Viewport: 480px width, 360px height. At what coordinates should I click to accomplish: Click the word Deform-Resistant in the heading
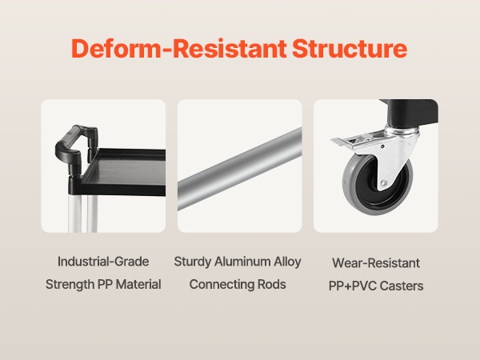pyautogui.click(x=179, y=48)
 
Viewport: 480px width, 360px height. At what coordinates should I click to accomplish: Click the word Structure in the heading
pyautogui.click(x=350, y=48)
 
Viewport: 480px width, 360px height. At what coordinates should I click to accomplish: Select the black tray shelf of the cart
pyautogui.click(x=122, y=172)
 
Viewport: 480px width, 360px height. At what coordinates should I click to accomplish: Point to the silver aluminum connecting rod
pyautogui.click(x=240, y=169)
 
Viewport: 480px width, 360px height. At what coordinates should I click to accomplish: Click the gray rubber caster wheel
pyautogui.click(x=378, y=184)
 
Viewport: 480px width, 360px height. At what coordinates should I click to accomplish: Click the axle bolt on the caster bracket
pyautogui.click(x=383, y=183)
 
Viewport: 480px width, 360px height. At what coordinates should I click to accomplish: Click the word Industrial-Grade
pyautogui.click(x=103, y=262)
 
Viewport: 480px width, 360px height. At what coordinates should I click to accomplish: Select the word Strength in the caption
pyautogui.click(x=70, y=284)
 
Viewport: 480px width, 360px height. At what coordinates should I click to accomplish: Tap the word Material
pyautogui.click(x=138, y=284)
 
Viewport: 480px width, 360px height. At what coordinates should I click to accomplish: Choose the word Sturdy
pyautogui.click(x=193, y=262)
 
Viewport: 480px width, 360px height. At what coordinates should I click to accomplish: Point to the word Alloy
pyautogui.click(x=287, y=262)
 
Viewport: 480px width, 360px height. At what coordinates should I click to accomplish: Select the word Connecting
pyautogui.click(x=222, y=285)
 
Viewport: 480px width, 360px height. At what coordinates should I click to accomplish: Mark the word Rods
pyautogui.click(x=272, y=284)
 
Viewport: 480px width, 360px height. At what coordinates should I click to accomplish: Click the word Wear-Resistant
pyautogui.click(x=376, y=263)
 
